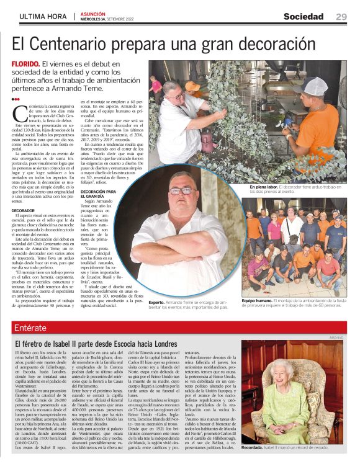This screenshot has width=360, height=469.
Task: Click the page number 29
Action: pos(341,17)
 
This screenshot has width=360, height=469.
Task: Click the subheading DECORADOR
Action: pos(24,210)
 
